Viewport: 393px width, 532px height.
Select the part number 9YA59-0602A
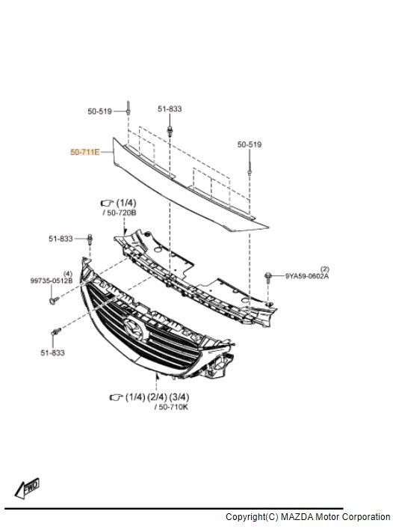coord(307,277)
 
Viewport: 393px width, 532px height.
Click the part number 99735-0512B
coord(52,281)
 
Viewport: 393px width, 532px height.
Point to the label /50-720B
coord(122,213)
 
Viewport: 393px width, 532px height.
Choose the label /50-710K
coord(172,407)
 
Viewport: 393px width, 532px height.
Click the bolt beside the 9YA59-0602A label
coord(267,278)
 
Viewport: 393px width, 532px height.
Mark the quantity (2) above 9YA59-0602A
coord(324,268)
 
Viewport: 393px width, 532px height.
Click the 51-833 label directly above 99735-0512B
coord(61,239)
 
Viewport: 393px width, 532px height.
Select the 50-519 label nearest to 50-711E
coord(99,111)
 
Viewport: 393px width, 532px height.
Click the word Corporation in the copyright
coord(366,517)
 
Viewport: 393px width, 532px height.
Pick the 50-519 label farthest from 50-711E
coord(249,144)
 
